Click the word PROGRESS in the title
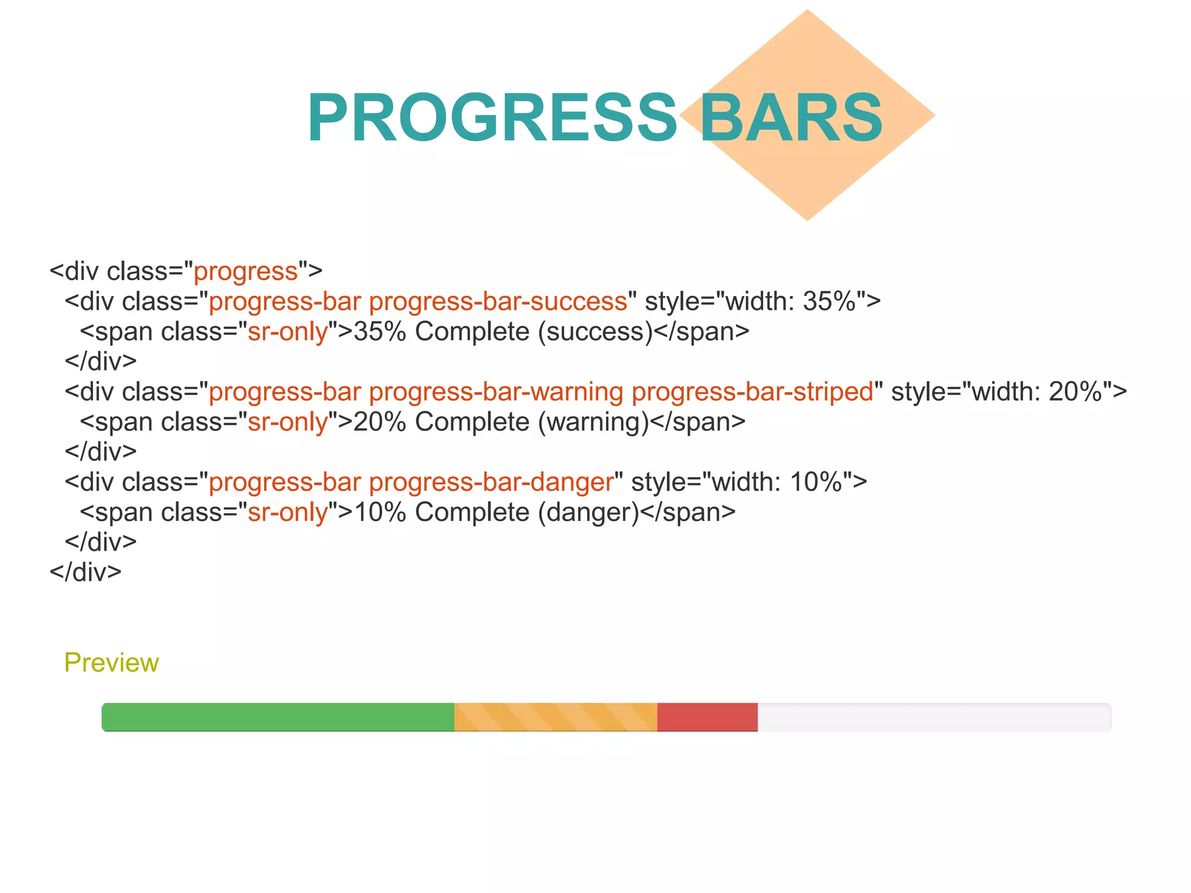tap(492, 118)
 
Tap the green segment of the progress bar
tap(278, 717)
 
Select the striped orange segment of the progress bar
tap(555, 717)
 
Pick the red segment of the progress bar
tap(707, 717)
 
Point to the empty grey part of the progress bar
tap(933, 717)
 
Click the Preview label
tap(111, 663)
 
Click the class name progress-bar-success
tap(498, 301)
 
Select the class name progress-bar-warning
tap(496, 392)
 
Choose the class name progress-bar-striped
tap(753, 392)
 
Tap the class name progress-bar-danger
tap(491, 482)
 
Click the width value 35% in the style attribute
tap(829, 301)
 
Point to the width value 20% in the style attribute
tap(1075, 392)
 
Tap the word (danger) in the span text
tap(589, 513)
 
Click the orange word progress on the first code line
tap(245, 272)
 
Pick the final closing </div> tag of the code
tap(85, 572)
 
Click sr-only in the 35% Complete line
tap(288, 332)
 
